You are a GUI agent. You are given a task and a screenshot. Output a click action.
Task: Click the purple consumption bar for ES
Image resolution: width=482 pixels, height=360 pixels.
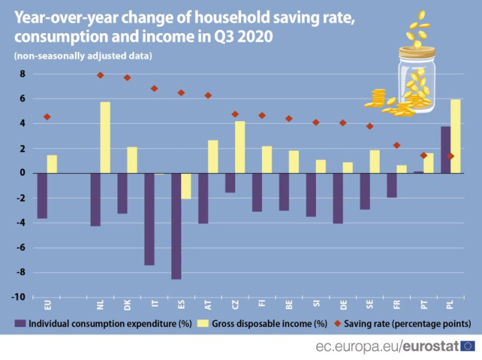(x=177, y=226)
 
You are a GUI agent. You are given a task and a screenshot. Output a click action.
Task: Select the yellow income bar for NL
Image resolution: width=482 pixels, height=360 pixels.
(x=105, y=137)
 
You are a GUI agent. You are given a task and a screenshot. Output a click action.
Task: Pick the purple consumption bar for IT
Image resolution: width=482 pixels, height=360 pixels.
(x=149, y=219)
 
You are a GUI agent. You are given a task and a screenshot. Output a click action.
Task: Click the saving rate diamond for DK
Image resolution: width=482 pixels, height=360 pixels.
(x=128, y=77)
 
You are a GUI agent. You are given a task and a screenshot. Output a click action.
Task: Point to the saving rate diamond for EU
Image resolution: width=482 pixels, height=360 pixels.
(x=47, y=117)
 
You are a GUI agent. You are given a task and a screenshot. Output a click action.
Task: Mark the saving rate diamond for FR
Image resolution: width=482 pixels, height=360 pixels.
(x=397, y=145)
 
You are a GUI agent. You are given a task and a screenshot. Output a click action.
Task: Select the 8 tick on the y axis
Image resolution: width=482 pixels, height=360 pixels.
(x=21, y=74)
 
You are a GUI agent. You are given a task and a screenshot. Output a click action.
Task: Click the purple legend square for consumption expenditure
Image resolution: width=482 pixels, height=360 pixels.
(x=20, y=323)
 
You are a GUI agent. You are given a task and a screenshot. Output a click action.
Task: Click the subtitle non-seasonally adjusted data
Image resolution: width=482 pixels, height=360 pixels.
(x=83, y=56)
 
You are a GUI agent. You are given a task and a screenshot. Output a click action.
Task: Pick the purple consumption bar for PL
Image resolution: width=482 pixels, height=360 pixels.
(x=446, y=150)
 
